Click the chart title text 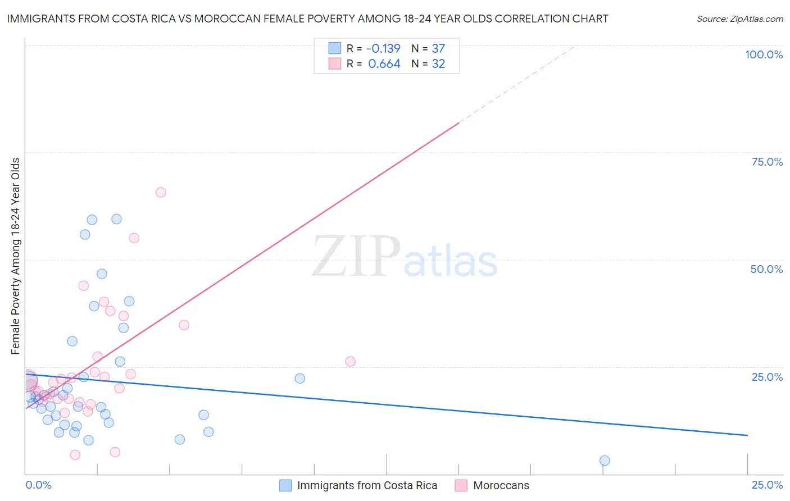[x=307, y=19]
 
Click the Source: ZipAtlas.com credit [x=739, y=19]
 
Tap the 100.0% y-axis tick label [x=764, y=54]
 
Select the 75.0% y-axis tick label [x=767, y=162]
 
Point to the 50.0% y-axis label [x=766, y=269]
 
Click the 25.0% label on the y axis [x=767, y=376]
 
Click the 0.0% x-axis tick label [x=38, y=485]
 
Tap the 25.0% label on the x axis [x=767, y=485]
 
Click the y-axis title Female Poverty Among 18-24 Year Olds [x=16, y=256]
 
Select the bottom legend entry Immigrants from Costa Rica [x=366, y=485]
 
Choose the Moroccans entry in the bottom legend [x=501, y=485]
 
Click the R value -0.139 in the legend [x=384, y=48]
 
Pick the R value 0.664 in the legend [x=384, y=64]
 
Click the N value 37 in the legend [x=438, y=48]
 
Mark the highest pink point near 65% [x=161, y=192]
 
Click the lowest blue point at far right [x=605, y=461]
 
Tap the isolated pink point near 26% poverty [x=351, y=362]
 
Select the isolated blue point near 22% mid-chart [x=300, y=379]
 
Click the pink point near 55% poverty [x=134, y=238]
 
